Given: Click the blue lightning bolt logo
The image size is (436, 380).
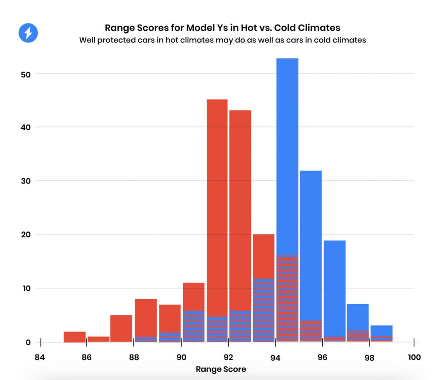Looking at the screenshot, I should tap(28, 32).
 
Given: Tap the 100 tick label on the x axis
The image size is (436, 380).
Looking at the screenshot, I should tap(413, 357).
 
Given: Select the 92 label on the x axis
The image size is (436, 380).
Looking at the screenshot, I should tap(228, 357).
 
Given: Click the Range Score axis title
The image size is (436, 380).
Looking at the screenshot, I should tap(221, 369).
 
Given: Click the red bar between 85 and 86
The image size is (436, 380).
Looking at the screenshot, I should tap(75, 337).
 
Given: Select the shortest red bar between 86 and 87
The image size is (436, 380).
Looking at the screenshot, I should tap(98, 339).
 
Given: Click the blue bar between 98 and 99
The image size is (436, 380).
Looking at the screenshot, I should tap(381, 330).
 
